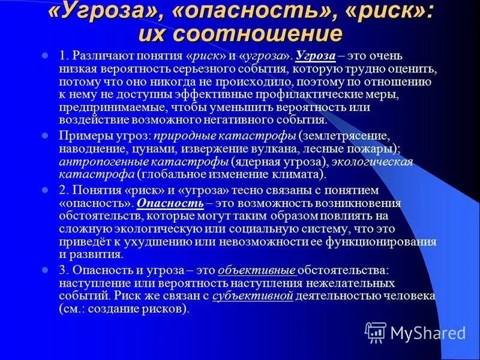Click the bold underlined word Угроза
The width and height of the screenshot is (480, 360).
315,56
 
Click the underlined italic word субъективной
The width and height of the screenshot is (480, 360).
264,296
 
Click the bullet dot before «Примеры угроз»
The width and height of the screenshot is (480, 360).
44,136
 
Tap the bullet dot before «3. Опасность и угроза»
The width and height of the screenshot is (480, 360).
44,271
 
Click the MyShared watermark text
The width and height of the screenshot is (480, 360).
427,332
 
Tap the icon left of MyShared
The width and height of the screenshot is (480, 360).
376,332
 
